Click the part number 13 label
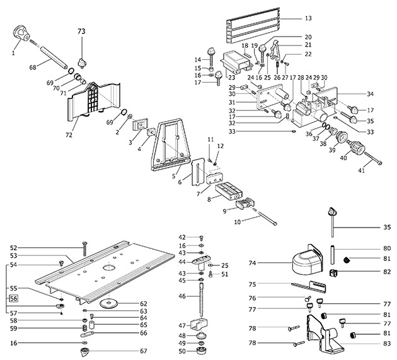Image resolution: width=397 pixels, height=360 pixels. pyautogui.click(x=308, y=20)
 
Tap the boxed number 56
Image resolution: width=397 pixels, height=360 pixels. pyautogui.click(x=14, y=299)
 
